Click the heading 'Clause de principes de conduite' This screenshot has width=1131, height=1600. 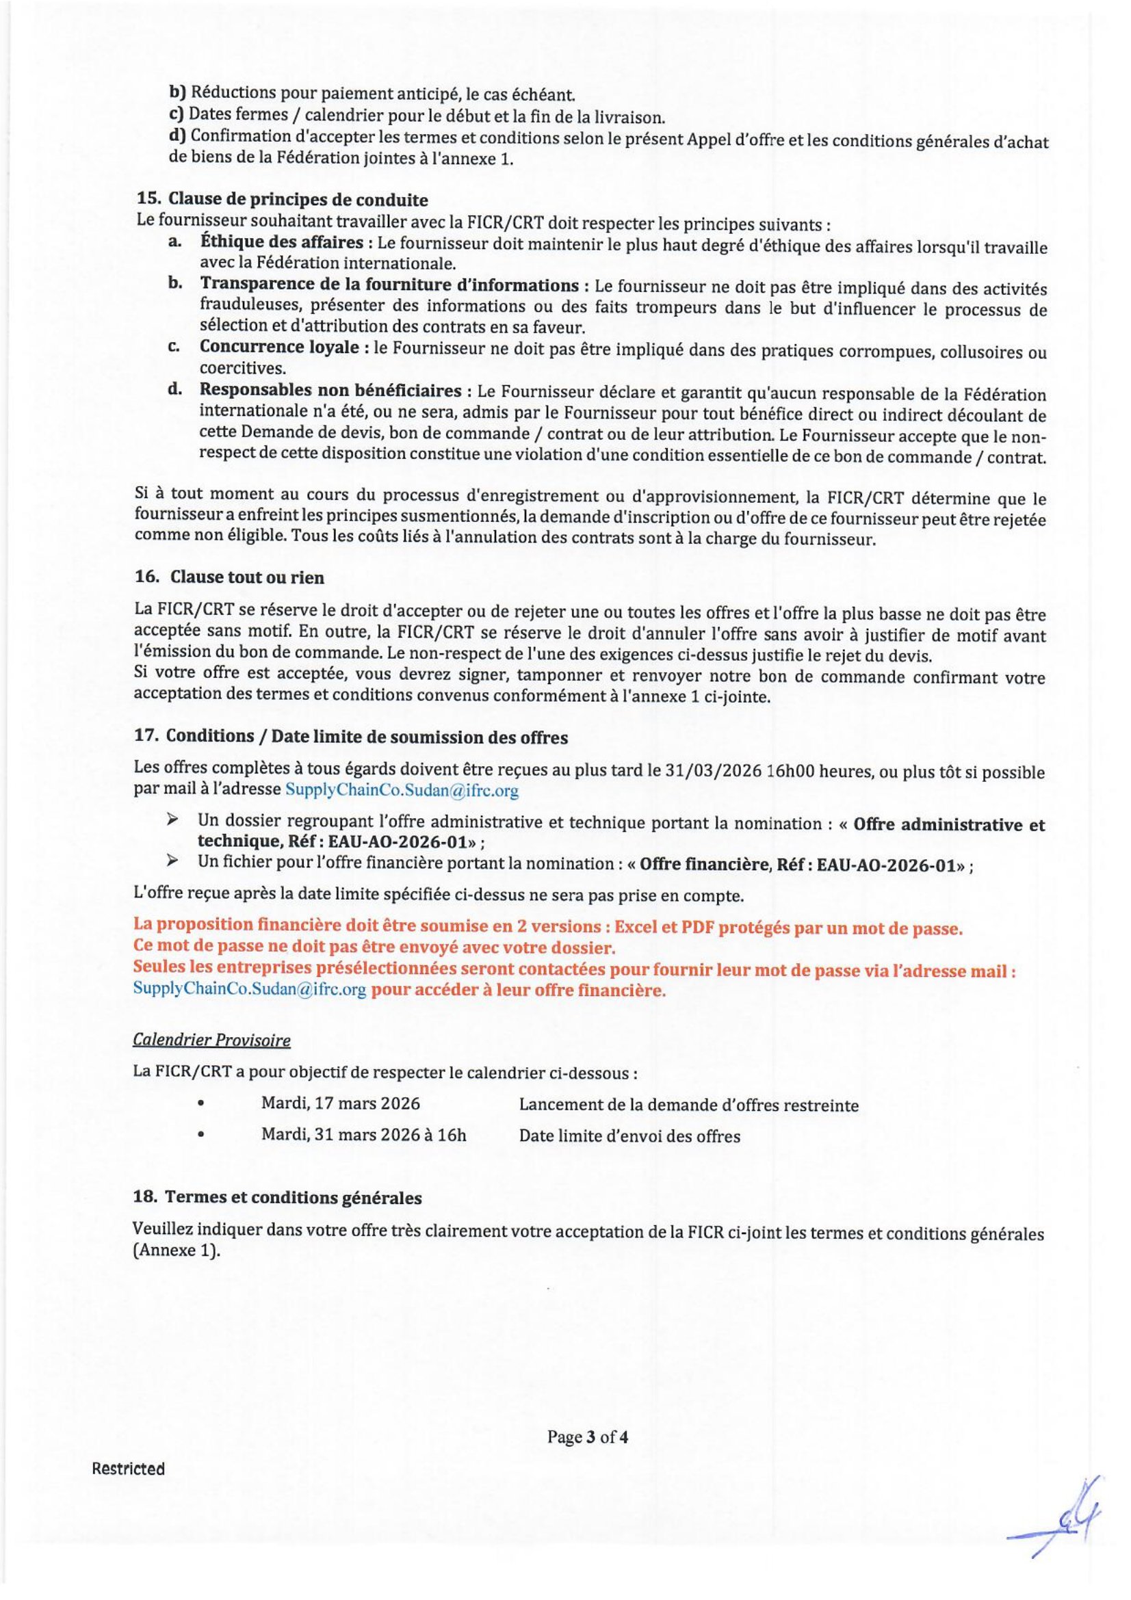point(298,200)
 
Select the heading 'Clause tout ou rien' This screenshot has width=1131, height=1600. point(247,578)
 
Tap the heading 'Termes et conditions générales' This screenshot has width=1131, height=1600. point(294,1198)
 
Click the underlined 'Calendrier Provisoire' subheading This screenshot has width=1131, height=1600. point(211,1040)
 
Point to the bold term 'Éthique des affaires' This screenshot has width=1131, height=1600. point(281,243)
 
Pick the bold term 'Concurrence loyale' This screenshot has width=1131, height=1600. point(279,347)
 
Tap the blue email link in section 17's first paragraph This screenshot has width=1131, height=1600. point(402,791)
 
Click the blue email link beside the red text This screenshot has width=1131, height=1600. point(250,991)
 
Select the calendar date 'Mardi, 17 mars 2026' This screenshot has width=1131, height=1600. point(341,1104)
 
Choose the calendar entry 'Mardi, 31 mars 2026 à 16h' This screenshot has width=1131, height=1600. point(364,1136)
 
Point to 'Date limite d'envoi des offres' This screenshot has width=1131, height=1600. point(629,1136)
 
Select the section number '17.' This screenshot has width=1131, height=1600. point(145,737)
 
